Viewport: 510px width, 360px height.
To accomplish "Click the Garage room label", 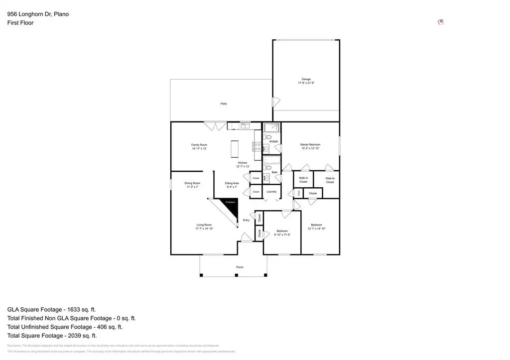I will [x=306, y=79].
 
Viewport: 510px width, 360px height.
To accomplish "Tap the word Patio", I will [x=224, y=104].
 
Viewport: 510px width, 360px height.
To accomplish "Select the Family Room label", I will [x=199, y=145].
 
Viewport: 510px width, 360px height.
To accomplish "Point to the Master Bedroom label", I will [x=310, y=145].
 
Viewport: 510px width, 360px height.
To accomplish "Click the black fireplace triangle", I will [x=231, y=206].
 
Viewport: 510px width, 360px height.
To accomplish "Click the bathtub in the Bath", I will [x=271, y=160].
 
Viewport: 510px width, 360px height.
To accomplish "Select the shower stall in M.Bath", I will [x=271, y=127].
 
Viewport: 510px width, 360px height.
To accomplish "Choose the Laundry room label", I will [x=271, y=192].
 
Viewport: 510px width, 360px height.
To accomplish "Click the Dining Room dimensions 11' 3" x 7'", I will [x=193, y=187].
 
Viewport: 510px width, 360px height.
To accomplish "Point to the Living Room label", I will [x=204, y=225].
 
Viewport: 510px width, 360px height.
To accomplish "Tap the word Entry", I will [x=246, y=220].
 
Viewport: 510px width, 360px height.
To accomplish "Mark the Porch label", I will [x=240, y=267].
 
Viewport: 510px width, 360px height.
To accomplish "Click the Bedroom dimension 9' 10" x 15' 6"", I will [x=282, y=235].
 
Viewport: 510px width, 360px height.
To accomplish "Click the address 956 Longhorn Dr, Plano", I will [x=38, y=14].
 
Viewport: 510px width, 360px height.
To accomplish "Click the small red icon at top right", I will [x=440, y=22].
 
